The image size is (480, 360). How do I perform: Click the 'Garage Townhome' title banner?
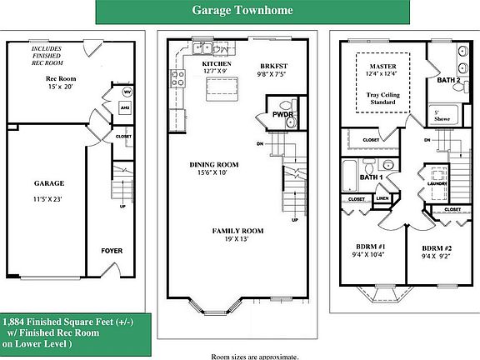pyautogui.click(x=242, y=12)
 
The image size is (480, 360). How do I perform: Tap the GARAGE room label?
pyautogui.click(x=49, y=182)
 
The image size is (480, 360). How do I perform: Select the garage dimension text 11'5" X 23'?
pyautogui.click(x=49, y=200)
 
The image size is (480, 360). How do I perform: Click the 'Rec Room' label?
pyautogui.click(x=60, y=79)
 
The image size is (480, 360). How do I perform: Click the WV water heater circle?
pyautogui.click(x=127, y=92)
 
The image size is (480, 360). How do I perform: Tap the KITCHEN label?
pyautogui.click(x=217, y=63)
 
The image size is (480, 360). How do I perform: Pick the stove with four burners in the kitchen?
pyautogui.click(x=177, y=79)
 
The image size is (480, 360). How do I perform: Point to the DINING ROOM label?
pyautogui.click(x=214, y=164)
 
